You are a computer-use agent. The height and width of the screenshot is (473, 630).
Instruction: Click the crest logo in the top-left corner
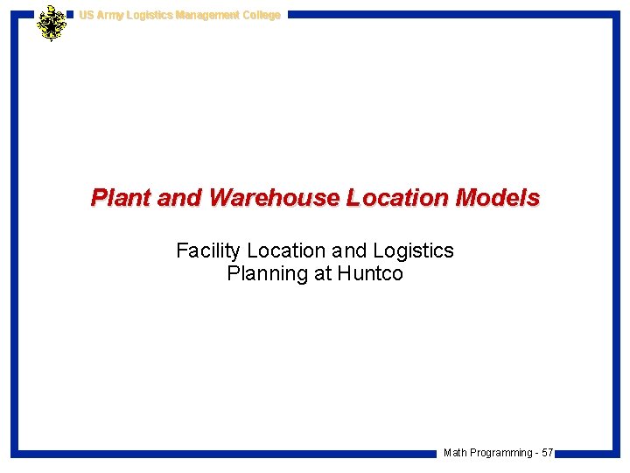[52, 23]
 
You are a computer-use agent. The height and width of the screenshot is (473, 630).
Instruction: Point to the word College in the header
[262, 15]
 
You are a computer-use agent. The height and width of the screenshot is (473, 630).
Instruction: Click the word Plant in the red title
[122, 198]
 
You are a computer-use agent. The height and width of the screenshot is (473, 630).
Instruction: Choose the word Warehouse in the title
[273, 198]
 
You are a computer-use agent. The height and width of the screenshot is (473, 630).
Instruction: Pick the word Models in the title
[498, 198]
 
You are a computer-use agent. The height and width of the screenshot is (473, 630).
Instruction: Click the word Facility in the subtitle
[208, 251]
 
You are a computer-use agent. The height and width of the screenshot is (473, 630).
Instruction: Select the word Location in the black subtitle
[286, 251]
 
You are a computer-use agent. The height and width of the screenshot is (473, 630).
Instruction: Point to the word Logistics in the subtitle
[411, 251]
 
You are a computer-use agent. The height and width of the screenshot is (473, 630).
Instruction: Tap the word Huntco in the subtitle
[370, 273]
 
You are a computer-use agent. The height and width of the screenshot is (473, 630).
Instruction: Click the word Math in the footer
[455, 453]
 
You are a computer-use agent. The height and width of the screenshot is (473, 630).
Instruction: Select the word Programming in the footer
[500, 453]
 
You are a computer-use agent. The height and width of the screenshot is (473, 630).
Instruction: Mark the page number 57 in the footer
[547, 453]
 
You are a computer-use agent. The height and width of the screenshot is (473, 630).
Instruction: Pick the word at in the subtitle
[323, 273]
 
